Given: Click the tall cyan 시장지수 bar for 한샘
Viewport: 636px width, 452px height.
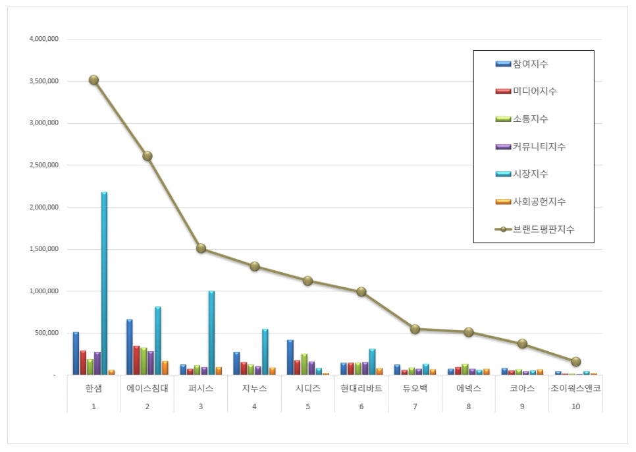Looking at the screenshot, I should coord(104,283).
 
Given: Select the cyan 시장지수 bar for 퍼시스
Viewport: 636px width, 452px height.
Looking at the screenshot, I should coord(211,333).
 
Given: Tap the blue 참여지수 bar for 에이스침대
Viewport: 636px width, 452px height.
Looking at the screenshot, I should coord(130,347).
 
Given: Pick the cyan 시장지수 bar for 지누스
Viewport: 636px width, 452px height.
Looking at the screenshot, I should coord(265,352).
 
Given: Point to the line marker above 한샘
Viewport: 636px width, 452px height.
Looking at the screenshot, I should coord(93,80).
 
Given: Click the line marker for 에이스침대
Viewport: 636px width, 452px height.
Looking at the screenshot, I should coord(147,156).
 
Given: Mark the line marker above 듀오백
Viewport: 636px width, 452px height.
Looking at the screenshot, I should coord(415,329).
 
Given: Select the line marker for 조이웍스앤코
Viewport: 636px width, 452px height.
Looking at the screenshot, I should coord(576,362).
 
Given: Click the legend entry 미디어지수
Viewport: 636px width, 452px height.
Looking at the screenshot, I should coord(534,92).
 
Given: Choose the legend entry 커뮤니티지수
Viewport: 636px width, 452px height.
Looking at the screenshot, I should coord(539,146).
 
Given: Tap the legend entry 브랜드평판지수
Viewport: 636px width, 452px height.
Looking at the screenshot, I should coord(543,229).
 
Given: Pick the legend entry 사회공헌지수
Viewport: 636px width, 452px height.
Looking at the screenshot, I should coord(539,202).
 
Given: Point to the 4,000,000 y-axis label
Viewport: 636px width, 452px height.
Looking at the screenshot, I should coord(44,39).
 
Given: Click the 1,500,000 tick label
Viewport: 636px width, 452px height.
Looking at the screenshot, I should coord(44,249).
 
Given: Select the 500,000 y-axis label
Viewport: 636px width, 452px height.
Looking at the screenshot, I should coord(47,333).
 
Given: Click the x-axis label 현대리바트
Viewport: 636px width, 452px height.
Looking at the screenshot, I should coord(361,388).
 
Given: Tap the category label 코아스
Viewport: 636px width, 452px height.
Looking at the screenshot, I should coord(522,388).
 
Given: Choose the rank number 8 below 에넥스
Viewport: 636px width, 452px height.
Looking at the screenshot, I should coord(469,406).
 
